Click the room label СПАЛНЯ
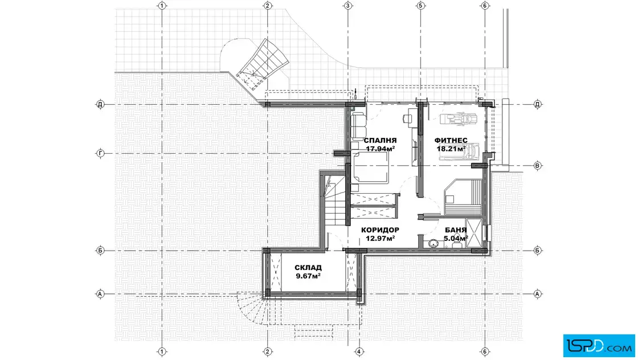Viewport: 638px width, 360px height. tap(380, 141)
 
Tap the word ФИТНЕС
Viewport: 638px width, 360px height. tap(451, 141)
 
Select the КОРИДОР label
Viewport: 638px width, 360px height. tap(380, 230)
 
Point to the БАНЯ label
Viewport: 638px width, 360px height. tap(456, 230)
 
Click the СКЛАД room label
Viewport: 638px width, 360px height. tap(308, 268)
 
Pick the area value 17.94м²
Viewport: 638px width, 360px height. tap(381, 149)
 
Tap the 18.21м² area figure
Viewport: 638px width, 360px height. tap(451, 149)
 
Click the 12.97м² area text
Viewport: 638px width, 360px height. tap(381, 238)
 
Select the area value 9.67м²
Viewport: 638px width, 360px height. tap(308, 276)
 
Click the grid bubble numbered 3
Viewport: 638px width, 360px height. tap(348, 6)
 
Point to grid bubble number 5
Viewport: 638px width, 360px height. tap(421, 6)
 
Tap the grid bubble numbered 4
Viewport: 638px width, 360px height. tap(359, 351)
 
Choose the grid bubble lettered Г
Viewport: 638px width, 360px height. tap(100, 153)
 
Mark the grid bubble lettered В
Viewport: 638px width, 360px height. tap(537, 166)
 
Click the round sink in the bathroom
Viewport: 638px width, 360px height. tap(432, 244)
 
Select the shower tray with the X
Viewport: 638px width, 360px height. tap(473, 233)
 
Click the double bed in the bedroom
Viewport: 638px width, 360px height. tap(370, 168)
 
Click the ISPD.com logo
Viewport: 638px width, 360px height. tap(599, 346)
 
